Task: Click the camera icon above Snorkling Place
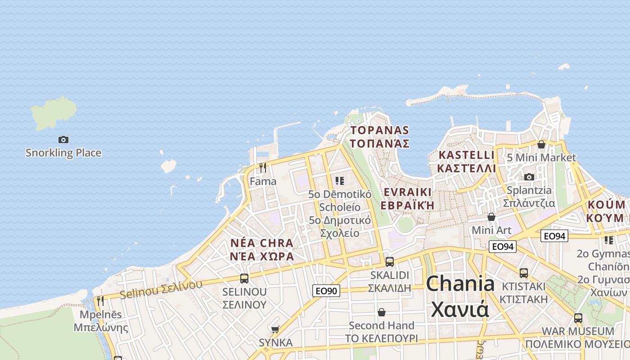coord(63,139)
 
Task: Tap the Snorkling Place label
coord(63,153)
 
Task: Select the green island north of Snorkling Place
coord(53,113)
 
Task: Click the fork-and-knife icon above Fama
coord(263,168)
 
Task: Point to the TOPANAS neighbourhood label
coord(380,137)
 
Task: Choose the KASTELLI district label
coord(467,162)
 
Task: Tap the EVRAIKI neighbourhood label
coord(407,198)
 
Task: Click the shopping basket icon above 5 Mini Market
coord(541,144)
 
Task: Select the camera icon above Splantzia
coord(529,177)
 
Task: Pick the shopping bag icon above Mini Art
coord(491,217)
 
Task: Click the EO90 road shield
coord(326,291)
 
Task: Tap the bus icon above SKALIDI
coord(390,261)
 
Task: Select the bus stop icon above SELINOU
coord(244,278)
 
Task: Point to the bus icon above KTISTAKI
coord(523,273)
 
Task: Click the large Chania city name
coord(460,296)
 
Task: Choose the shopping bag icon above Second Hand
coord(382,312)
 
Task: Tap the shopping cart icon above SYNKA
coord(275,329)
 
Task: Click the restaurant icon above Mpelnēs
coord(100,301)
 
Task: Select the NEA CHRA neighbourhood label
coord(261,249)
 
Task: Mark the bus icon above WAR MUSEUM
coord(578,318)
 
